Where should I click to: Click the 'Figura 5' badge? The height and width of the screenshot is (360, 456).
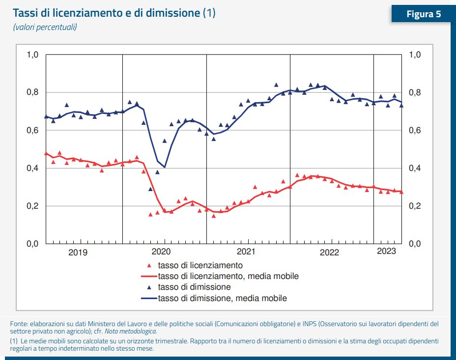423,14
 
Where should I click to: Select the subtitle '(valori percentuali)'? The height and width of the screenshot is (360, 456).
45,27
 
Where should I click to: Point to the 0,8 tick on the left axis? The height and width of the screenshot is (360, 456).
32,92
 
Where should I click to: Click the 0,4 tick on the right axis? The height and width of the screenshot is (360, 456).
416,168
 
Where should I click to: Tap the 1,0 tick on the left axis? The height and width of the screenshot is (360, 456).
32,55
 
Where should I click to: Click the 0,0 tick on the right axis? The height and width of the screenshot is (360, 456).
416,244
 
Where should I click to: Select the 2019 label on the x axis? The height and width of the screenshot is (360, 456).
78,253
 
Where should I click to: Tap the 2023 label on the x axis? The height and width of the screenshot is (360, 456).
387,252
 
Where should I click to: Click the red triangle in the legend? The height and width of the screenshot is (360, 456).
148,265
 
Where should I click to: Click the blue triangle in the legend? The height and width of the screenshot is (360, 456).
148,287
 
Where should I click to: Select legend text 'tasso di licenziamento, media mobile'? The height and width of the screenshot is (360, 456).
228,276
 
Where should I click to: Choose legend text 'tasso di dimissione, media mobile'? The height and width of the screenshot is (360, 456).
222,298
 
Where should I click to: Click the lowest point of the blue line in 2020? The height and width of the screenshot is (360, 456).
165,167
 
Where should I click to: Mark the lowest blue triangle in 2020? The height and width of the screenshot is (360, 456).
150,189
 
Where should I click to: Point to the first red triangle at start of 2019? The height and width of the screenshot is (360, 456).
46,153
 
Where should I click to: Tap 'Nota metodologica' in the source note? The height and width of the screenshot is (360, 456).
134,331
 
